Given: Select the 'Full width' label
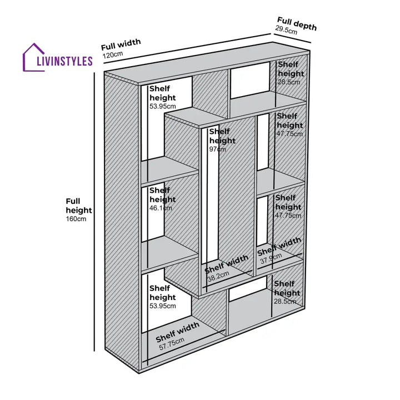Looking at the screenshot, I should click(x=121, y=44).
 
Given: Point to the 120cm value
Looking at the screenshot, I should click(x=112, y=55).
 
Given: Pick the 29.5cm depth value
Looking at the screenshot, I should click(x=287, y=31).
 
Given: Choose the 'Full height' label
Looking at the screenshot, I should click(x=78, y=206).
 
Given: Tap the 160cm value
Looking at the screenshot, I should click(x=76, y=219).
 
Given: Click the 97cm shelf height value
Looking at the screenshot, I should click(x=218, y=149).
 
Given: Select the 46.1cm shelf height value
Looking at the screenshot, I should click(x=161, y=208).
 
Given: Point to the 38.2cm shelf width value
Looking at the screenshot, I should click(x=218, y=276).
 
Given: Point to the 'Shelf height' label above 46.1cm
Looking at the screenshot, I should click(x=162, y=195).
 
